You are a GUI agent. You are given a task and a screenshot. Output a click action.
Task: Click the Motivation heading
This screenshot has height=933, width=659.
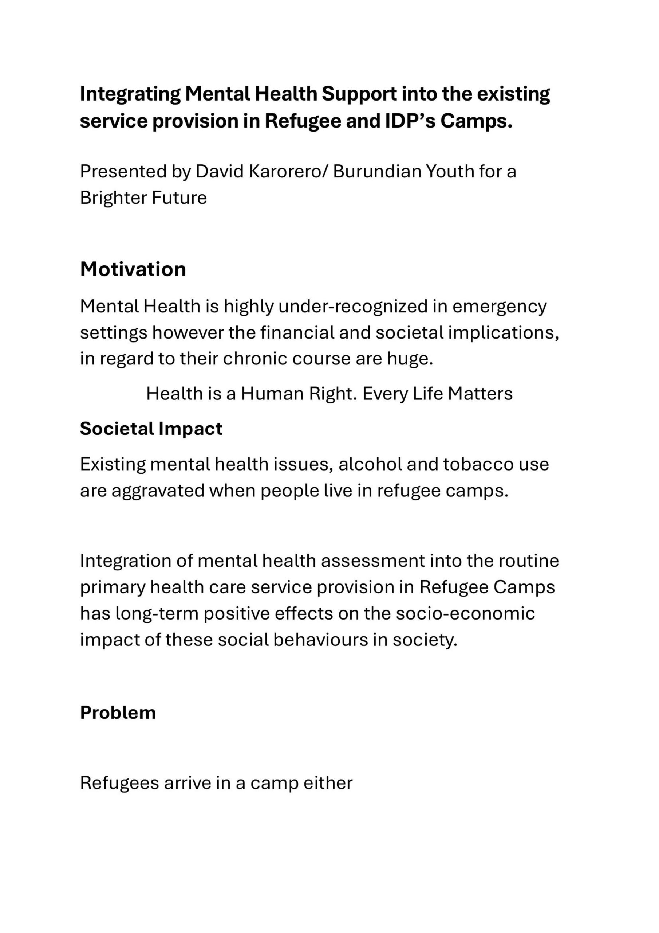133,269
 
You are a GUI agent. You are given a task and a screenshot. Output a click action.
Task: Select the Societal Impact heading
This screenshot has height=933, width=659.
151,428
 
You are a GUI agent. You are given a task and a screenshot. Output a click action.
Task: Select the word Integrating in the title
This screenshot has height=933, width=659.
130,94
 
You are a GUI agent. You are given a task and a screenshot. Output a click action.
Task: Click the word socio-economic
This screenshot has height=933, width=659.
465,613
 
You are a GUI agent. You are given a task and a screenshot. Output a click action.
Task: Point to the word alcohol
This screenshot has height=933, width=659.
370,464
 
